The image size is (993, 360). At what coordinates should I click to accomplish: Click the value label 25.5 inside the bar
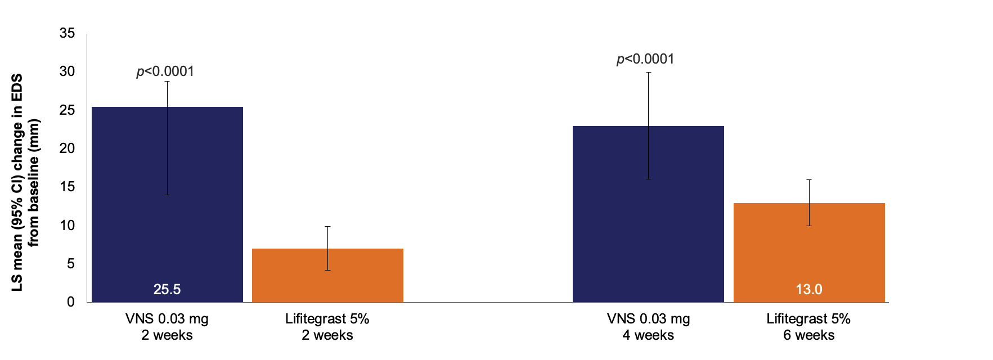point(167,290)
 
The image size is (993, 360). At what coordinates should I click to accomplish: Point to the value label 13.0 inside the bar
point(808,290)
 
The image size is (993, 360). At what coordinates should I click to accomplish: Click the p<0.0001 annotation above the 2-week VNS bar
point(165,71)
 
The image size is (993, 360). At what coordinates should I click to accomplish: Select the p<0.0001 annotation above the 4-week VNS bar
point(645,59)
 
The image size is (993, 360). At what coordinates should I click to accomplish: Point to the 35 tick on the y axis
point(67,33)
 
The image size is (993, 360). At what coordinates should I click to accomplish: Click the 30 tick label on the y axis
point(67,71)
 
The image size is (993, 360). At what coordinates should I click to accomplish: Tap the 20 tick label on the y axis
point(67,148)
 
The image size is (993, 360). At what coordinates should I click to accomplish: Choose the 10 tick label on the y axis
point(67,226)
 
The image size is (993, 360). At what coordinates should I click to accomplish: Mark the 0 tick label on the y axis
point(70,302)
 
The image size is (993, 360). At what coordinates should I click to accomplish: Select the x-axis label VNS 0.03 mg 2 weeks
point(167,327)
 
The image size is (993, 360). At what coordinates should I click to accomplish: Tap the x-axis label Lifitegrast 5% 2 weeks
point(327,327)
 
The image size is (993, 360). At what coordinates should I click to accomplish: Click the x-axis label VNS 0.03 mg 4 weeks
point(648,327)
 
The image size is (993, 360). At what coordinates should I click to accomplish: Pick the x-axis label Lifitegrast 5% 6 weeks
point(808,327)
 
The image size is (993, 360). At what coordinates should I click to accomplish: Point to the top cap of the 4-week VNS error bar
point(648,73)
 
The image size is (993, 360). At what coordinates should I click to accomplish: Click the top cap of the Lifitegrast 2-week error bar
point(327,226)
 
